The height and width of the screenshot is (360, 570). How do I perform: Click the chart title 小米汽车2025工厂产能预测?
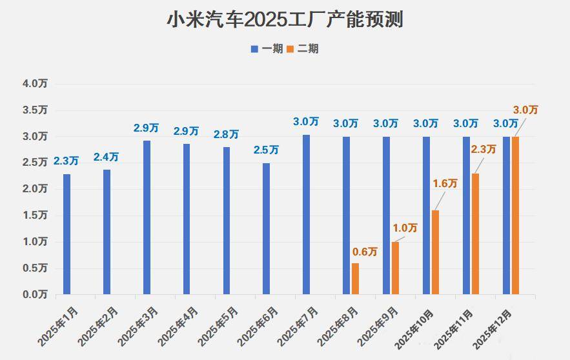coord(285,19)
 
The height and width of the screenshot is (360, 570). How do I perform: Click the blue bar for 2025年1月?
coord(66,234)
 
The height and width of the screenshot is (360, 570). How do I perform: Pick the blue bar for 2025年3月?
coord(147,217)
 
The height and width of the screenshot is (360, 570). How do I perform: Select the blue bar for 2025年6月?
coord(266,228)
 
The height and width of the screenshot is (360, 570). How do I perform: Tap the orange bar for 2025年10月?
coord(435,252)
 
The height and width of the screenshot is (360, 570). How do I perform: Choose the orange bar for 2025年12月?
coord(515,215)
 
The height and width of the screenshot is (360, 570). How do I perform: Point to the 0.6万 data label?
coord(364,252)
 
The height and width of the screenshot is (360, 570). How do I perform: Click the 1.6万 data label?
coord(445,184)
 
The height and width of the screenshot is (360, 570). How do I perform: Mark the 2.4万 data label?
coord(106,157)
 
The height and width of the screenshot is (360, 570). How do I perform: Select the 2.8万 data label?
coord(226,134)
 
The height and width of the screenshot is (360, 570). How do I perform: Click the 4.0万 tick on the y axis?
coord(35,84)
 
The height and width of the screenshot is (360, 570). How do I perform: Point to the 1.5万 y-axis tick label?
coord(35,215)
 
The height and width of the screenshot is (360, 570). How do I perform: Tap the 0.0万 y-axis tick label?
coord(35,295)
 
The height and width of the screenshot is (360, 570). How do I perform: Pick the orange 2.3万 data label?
coord(483,149)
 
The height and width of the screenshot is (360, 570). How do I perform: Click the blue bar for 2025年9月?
coord(386,215)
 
